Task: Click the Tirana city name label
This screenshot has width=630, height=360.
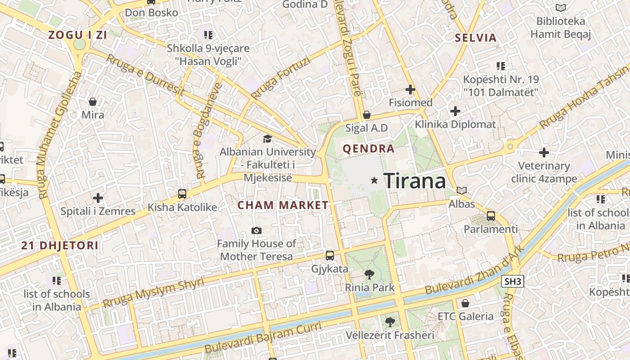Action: [414, 181]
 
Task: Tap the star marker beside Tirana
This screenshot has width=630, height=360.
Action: [374, 180]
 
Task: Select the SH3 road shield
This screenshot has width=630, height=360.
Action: [513, 282]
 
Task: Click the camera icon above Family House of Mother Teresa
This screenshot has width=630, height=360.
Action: [256, 231]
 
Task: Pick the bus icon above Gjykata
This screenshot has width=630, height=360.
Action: [330, 256]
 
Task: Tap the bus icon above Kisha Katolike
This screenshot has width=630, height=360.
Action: [182, 194]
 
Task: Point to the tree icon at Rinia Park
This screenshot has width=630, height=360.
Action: [369, 274]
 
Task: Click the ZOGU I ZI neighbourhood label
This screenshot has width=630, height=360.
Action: [78, 35]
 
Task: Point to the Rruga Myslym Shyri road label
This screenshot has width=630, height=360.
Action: [153, 293]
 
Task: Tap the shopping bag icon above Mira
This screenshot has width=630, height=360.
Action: [93, 102]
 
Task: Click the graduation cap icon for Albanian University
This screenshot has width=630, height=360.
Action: [268, 139]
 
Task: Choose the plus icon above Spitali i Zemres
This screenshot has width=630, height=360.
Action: [98, 198]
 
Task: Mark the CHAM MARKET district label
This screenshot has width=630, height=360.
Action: [283, 205]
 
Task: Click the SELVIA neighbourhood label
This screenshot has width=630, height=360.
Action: [476, 38]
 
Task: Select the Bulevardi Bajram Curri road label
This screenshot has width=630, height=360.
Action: [263, 337]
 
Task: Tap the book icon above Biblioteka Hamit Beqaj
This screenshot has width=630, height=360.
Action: [560, 8]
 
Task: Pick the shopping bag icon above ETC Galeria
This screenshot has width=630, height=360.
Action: [465, 303]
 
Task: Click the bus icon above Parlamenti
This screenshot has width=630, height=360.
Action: [491, 216]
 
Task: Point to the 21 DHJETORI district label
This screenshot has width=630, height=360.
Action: [60, 246]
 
